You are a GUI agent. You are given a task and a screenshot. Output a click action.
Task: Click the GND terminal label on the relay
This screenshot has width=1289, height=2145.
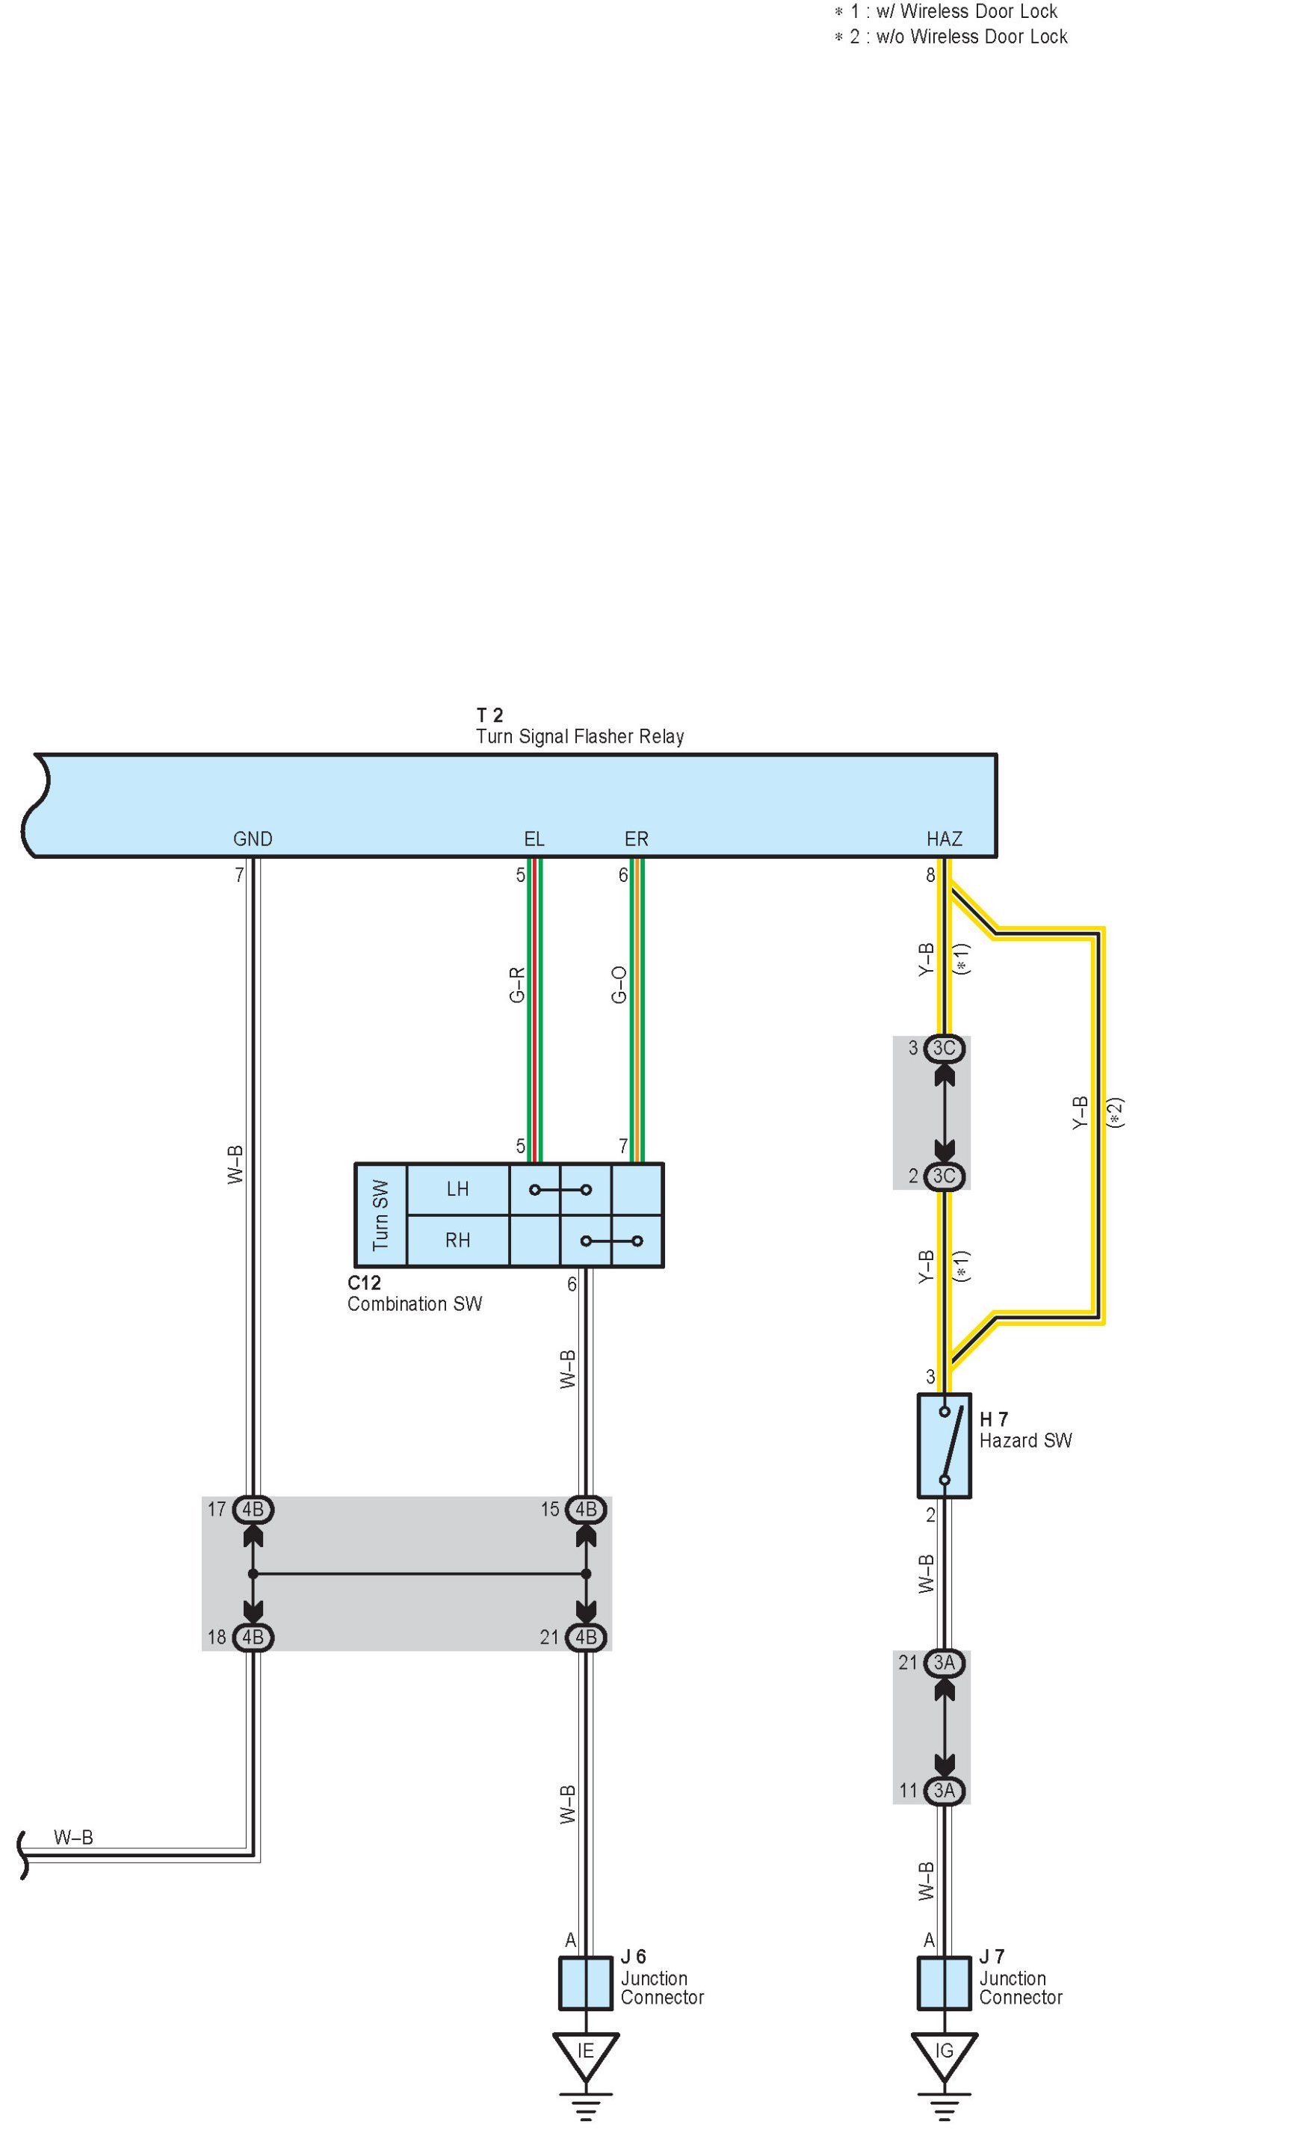253,839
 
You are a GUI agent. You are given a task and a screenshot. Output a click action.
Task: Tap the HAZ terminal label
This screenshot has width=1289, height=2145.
945,839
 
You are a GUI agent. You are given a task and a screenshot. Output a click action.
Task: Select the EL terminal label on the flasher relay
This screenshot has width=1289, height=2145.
534,839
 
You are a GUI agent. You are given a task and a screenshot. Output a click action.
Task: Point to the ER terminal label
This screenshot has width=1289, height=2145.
636,839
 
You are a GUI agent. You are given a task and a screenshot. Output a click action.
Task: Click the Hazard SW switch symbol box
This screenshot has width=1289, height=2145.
945,1445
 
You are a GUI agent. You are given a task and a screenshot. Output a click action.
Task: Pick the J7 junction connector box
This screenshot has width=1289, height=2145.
945,1983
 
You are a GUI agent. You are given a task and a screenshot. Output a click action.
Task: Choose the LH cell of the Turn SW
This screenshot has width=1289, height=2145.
458,1188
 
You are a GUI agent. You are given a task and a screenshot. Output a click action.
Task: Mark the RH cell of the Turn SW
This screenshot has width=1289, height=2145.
458,1240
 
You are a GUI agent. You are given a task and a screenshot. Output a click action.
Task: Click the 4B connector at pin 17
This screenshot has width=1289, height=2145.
253,1509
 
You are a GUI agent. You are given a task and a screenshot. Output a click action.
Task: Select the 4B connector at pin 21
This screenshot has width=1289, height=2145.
587,1637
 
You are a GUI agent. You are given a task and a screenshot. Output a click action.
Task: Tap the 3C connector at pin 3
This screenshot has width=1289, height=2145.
945,1048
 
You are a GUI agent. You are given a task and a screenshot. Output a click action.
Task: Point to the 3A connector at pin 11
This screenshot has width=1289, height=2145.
945,1790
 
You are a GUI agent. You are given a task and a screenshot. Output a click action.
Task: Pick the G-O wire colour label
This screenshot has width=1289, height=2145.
619,984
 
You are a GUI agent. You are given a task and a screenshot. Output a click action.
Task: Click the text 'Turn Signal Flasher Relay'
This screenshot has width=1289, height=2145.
579,737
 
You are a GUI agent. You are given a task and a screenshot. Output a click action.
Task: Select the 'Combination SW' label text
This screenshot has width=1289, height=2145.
414,1303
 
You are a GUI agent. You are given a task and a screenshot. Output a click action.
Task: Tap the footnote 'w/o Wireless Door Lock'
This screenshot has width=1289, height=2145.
971,37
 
